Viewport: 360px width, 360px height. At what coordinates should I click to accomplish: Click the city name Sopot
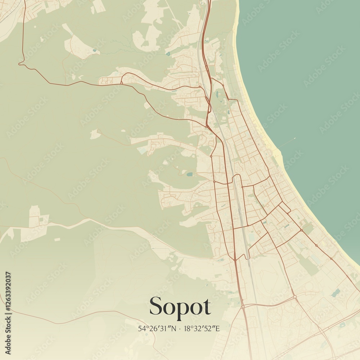click(180, 307)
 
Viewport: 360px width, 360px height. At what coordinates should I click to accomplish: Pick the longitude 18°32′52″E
click(202, 328)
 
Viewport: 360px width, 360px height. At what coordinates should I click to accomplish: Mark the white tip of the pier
click(294, 138)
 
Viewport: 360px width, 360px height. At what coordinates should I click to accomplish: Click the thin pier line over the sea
click(287, 143)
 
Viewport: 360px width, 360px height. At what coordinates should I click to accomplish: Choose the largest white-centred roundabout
click(294, 297)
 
